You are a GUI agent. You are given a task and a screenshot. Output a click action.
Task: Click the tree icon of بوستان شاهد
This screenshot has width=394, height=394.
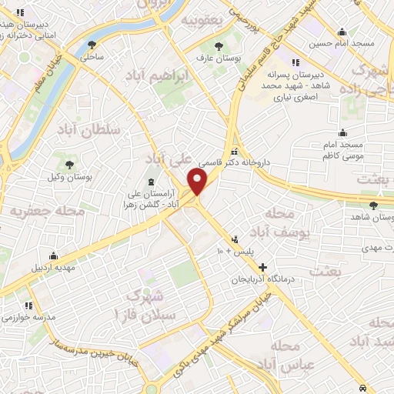coord(374,205)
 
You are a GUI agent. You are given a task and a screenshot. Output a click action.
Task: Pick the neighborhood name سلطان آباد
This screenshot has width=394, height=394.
coord(89,130)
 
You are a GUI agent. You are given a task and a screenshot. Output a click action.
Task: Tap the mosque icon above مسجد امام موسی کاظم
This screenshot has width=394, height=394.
coord(342,132)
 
